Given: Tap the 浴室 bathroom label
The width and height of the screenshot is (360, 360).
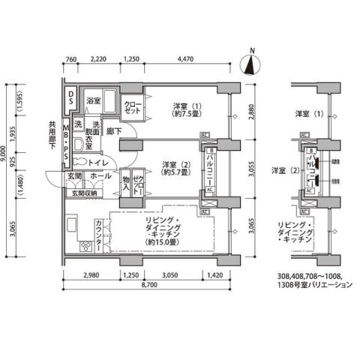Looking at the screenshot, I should (x=93, y=100).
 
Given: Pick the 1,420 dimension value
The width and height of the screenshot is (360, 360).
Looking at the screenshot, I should (x=215, y=276).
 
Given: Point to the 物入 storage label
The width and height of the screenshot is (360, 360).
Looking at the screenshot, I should (x=127, y=184).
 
